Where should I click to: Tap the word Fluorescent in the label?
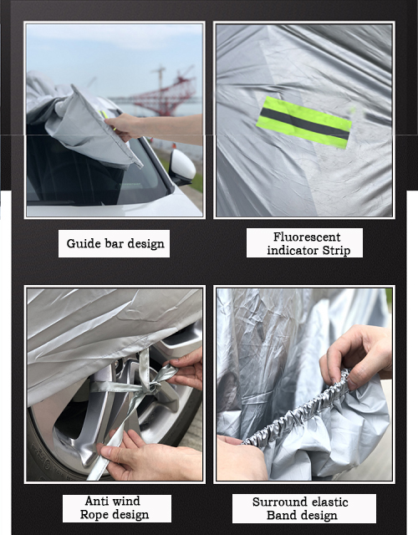pos(307,237)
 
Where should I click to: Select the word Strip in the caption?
pos(336,251)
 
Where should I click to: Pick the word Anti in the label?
pos(97,501)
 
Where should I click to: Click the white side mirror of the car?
pos(182,166)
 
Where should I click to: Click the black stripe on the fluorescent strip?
pos(304,123)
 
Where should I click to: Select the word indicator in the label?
pos(293,251)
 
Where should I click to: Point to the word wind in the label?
pos(126,501)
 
